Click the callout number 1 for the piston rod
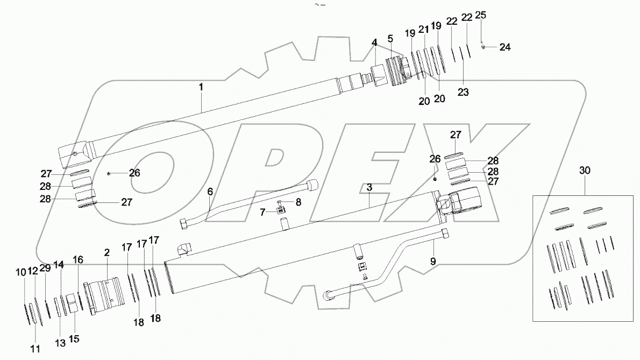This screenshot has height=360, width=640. tap(201, 86)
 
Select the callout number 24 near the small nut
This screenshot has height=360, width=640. tap(504, 47)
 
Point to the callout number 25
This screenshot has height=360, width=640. tap(481, 15)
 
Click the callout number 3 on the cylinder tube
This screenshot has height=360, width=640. tap(369, 187)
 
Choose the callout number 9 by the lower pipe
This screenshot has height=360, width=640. tap(433, 262)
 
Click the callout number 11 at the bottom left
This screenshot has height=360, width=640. tap(35, 349)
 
